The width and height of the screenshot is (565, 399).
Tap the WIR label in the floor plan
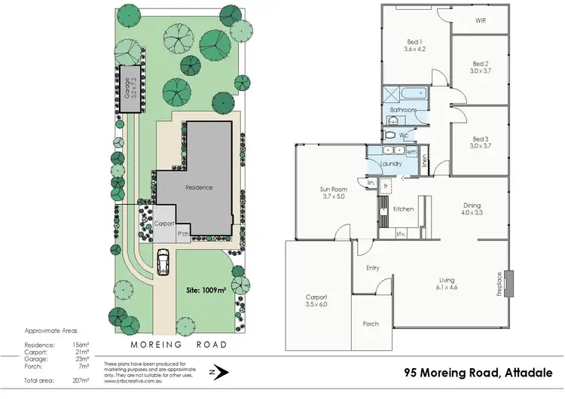479,21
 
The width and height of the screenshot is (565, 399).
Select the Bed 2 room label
481,67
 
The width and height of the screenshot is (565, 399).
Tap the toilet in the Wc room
389,135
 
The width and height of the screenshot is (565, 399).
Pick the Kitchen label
403,209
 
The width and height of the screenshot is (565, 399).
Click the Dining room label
472,209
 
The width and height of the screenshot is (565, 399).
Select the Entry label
372,267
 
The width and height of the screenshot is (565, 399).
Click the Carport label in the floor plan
317,301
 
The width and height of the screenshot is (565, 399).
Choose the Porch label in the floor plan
371,324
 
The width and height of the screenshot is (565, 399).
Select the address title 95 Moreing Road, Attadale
477,371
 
